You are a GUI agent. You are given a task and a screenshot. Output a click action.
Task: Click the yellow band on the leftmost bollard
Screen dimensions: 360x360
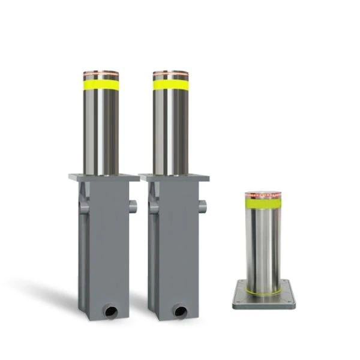pyautogui.click(x=101, y=85)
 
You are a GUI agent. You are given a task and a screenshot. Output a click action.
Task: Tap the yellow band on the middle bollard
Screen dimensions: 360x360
pyautogui.click(x=170, y=85)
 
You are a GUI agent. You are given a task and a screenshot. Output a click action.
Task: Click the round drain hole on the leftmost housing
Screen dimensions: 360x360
pyautogui.click(x=111, y=311)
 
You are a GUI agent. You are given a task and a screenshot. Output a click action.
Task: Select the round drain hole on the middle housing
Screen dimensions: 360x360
pyautogui.click(x=181, y=311)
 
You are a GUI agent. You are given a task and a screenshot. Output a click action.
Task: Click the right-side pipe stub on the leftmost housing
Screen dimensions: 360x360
pyautogui.click(x=133, y=206)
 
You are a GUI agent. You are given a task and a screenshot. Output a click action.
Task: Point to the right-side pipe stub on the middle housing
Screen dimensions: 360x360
pyautogui.click(x=203, y=206)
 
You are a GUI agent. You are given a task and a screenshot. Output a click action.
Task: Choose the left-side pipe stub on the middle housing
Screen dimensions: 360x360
pyautogui.click(x=154, y=207)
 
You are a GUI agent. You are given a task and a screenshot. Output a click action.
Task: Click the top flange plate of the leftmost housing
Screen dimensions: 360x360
pyautogui.click(x=104, y=178)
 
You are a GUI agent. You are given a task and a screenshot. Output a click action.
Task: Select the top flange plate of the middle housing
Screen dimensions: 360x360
pyautogui.click(x=174, y=178)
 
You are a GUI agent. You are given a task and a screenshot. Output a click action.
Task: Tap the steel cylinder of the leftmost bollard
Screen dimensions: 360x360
pyautogui.click(x=101, y=132)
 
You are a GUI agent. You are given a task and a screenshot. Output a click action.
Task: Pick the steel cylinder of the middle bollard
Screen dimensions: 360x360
pyautogui.click(x=170, y=132)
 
